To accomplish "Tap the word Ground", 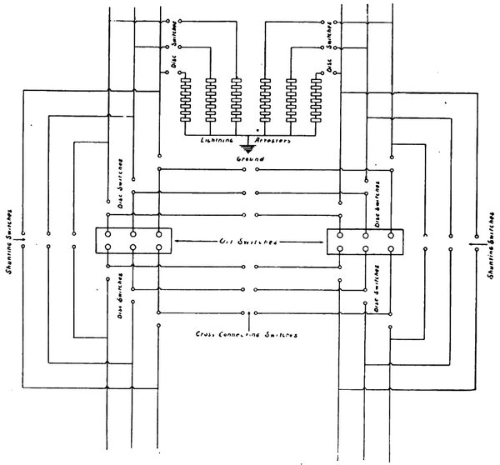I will tap(250, 158).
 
